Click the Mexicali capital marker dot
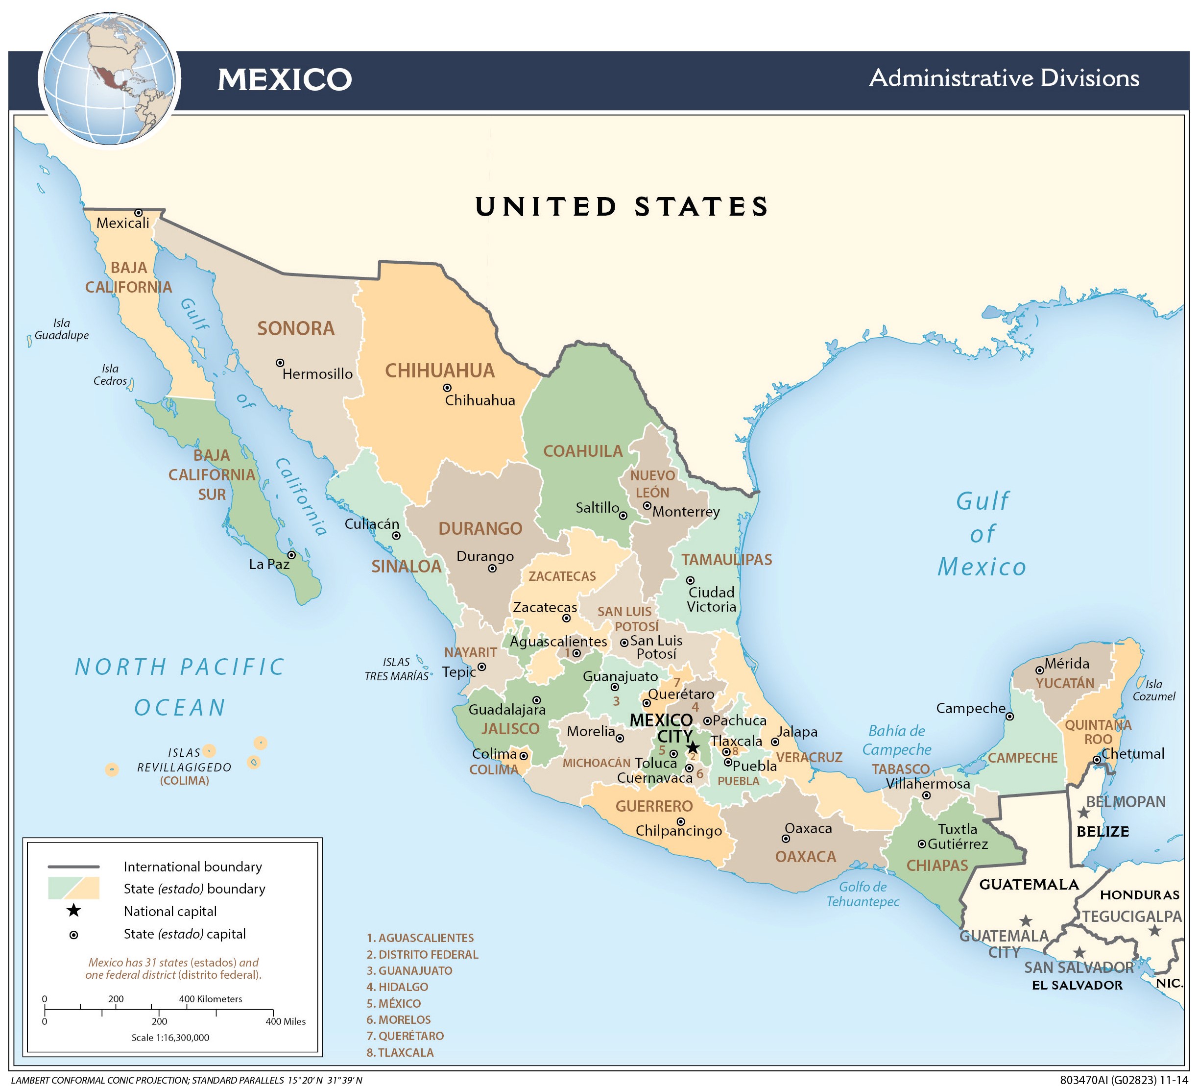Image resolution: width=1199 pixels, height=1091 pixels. [x=139, y=213]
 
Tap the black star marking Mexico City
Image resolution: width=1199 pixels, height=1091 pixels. [x=693, y=747]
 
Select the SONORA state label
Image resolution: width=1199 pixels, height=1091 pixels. [x=296, y=328]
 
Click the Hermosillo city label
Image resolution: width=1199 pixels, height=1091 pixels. [x=317, y=374]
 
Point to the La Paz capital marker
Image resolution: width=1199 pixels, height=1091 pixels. [x=291, y=555]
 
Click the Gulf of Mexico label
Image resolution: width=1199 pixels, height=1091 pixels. [x=982, y=534]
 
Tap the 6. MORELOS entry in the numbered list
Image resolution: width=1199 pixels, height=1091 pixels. [x=399, y=1019]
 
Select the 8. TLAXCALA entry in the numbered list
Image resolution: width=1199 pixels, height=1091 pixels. [x=400, y=1052]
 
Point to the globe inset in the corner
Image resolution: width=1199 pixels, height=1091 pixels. [x=110, y=79]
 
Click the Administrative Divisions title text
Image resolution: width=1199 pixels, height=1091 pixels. [x=1004, y=78]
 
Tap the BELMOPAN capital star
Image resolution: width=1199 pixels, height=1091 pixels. [x=1083, y=813]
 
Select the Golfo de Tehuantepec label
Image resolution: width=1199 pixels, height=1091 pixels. [x=863, y=894]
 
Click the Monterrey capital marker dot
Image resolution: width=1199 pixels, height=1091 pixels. [x=647, y=506]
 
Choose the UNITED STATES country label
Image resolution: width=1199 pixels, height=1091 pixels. [x=622, y=206]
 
